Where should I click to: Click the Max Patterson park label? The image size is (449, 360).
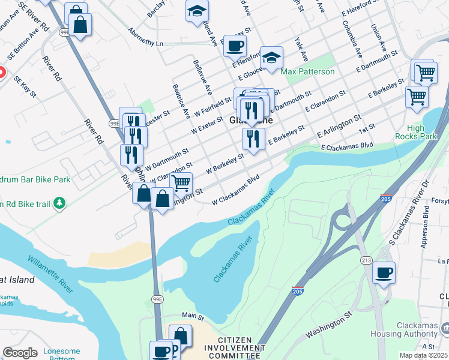pyautogui.click(x=307, y=72)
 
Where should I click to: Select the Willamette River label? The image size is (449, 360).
pyautogui.click(x=50, y=275)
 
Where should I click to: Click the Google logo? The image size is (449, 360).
pyautogui.click(x=20, y=353)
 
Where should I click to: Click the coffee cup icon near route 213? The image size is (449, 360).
pyautogui.click(x=384, y=273)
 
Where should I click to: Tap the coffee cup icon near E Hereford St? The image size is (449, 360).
pyautogui.click(x=234, y=45)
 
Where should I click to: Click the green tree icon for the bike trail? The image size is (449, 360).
pyautogui.click(x=59, y=204)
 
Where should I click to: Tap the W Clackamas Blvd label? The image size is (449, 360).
pyautogui.click(x=235, y=190)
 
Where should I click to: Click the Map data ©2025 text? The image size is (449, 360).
pyautogui.click(x=423, y=355)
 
